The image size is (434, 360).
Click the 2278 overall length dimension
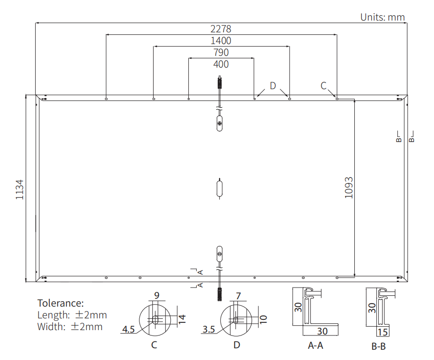[221, 29]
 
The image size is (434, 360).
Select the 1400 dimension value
[221, 41]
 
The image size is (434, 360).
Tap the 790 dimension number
[221, 52]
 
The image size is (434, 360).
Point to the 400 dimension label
[221, 64]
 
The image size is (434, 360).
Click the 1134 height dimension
[20, 190]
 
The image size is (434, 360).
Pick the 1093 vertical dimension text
[349, 188]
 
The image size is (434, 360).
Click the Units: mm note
[383, 17]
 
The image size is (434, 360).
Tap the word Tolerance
[60, 303]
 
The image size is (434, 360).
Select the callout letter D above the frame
[273, 86]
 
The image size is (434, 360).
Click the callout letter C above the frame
[323, 86]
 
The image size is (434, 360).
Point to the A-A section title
[316, 345]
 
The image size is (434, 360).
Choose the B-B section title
[378, 346]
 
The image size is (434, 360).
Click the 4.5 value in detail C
[128, 329]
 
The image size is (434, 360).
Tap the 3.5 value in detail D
[209, 329]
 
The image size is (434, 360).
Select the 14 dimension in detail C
[182, 319]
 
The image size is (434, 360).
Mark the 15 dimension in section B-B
[383, 332]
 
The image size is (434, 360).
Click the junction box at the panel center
[220, 189]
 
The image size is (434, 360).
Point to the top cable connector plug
[220, 82]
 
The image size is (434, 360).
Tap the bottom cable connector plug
[220, 294]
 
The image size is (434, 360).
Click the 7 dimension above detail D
[238, 296]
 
